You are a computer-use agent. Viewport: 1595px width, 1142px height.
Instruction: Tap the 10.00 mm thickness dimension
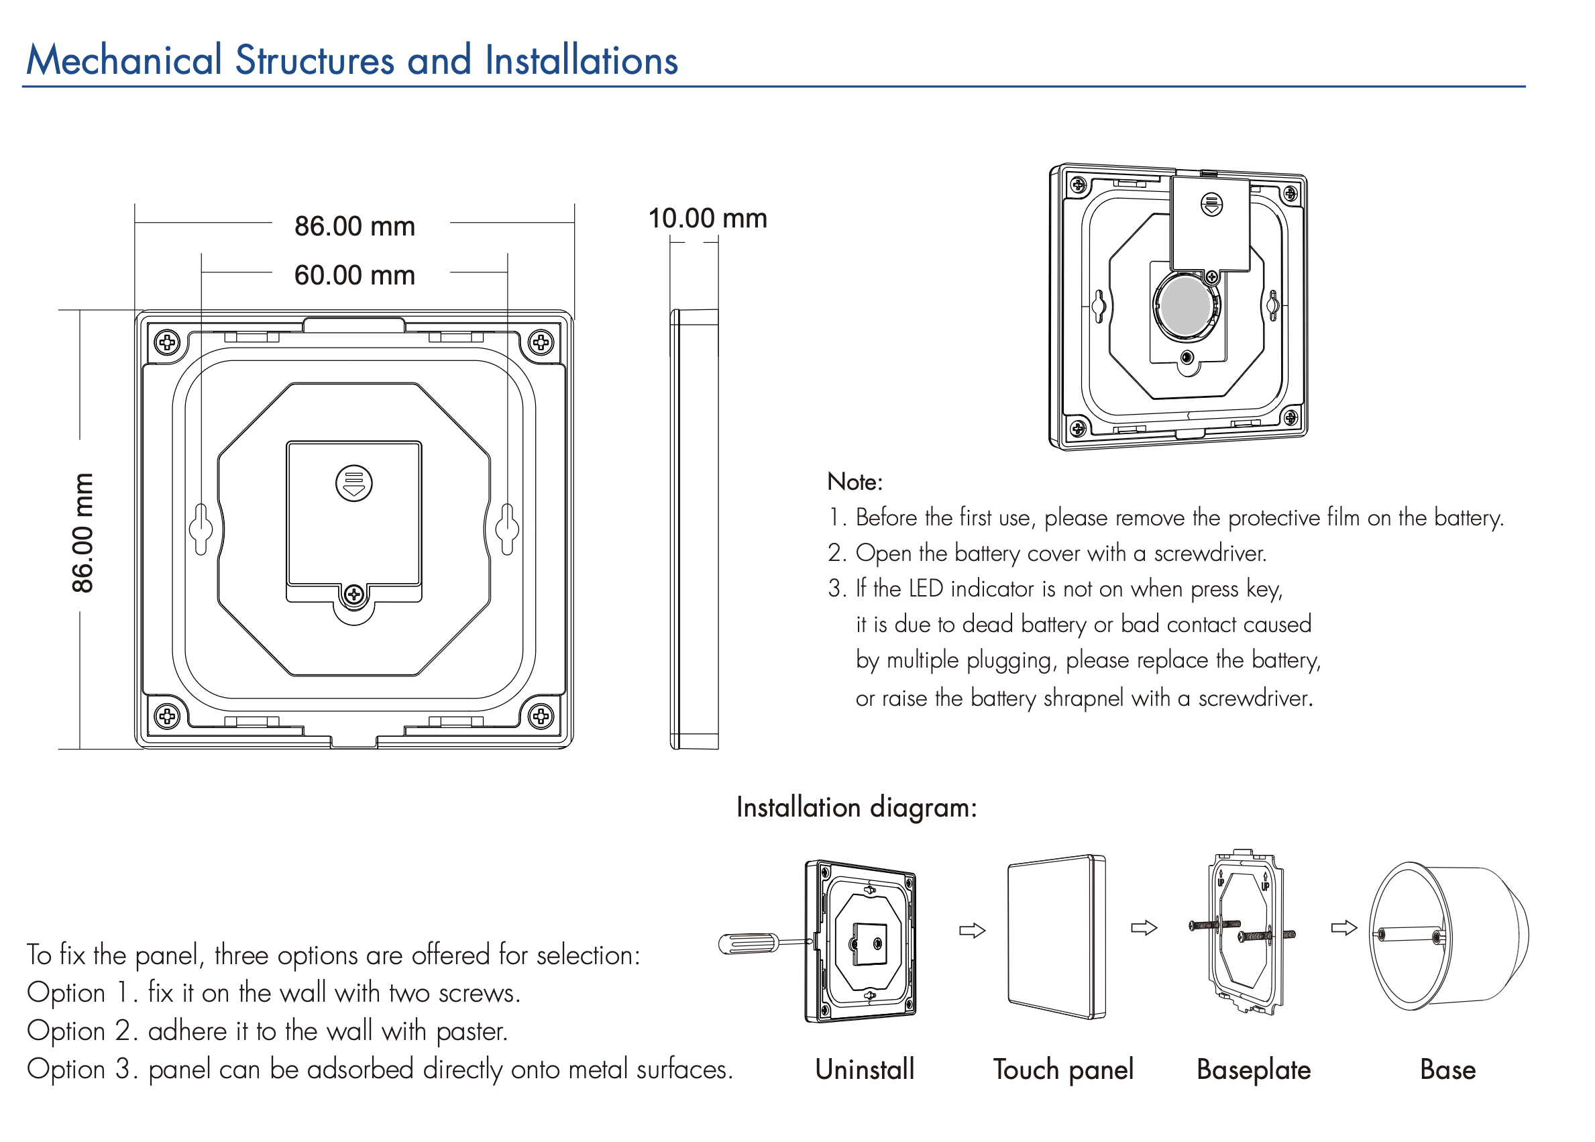click(x=706, y=218)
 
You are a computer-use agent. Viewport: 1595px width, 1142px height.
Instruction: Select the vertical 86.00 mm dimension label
click(x=82, y=532)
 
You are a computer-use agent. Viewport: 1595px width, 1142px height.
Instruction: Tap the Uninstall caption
click(x=864, y=1069)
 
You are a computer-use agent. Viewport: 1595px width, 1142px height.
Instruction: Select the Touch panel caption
click(x=1062, y=1069)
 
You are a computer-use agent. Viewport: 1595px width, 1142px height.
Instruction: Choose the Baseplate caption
click(x=1253, y=1069)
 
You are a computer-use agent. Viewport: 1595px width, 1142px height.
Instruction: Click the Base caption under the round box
click(x=1447, y=1069)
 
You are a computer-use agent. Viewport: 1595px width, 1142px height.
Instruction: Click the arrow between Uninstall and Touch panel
click(x=972, y=931)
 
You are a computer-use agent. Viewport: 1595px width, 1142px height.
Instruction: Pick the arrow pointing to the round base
click(x=1343, y=928)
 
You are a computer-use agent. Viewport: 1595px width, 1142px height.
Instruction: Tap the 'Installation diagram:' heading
click(x=857, y=807)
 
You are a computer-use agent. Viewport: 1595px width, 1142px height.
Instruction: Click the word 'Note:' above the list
click(x=854, y=482)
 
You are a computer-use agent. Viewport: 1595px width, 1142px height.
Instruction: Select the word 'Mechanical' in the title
click(x=123, y=60)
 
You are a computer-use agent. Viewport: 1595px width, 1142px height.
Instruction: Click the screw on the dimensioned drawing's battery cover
click(x=353, y=594)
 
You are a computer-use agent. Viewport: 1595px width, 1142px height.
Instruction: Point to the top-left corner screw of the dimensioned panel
click(x=166, y=342)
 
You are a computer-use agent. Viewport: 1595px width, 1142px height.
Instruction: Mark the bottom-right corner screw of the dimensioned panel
click(x=540, y=716)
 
